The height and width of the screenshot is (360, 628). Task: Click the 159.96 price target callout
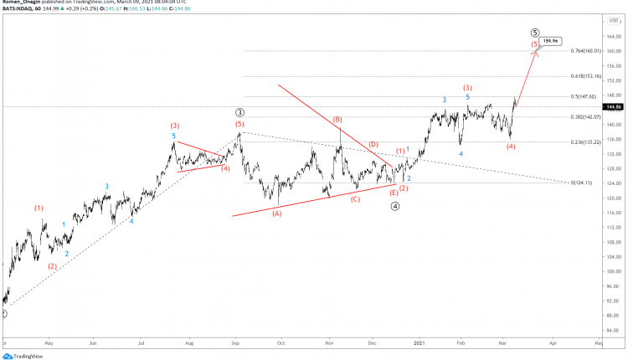(550, 40)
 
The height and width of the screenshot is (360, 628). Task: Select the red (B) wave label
(337, 120)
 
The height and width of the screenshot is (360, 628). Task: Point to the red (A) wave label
(277, 213)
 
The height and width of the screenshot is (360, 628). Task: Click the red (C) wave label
(355, 198)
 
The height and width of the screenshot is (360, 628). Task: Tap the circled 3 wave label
(239, 111)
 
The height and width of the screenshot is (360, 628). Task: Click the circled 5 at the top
(535, 33)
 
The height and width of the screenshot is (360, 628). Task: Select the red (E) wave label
(394, 192)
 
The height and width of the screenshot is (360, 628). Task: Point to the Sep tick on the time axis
(236, 343)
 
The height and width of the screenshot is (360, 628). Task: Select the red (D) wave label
(373, 145)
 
